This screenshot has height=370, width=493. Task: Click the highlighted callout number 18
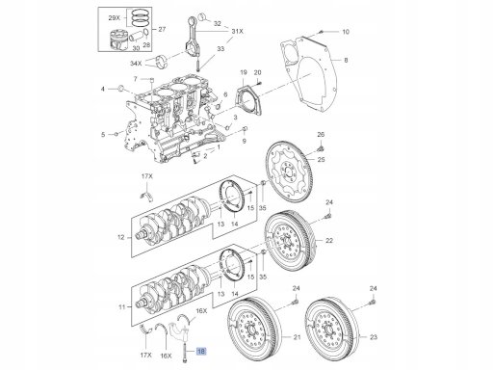point(201,352)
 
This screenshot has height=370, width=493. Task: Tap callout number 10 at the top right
point(346,32)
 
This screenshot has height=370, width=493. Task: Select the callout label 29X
point(114,18)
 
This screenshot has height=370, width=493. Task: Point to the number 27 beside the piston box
point(162,29)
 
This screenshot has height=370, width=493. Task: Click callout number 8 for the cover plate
point(346,60)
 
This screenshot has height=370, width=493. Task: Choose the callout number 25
point(321,160)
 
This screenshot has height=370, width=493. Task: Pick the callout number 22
point(329,240)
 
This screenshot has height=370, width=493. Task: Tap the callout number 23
point(374,337)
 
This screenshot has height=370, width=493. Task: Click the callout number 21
point(298,337)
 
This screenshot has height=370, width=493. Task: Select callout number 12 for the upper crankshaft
point(120,238)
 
